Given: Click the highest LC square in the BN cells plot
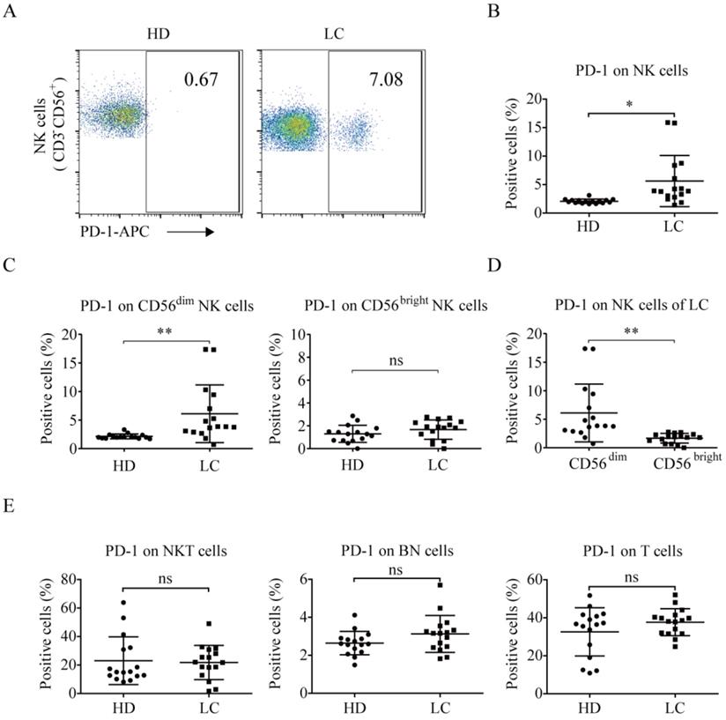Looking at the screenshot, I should coord(441,584).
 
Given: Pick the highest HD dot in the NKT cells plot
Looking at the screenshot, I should coord(123,603).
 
